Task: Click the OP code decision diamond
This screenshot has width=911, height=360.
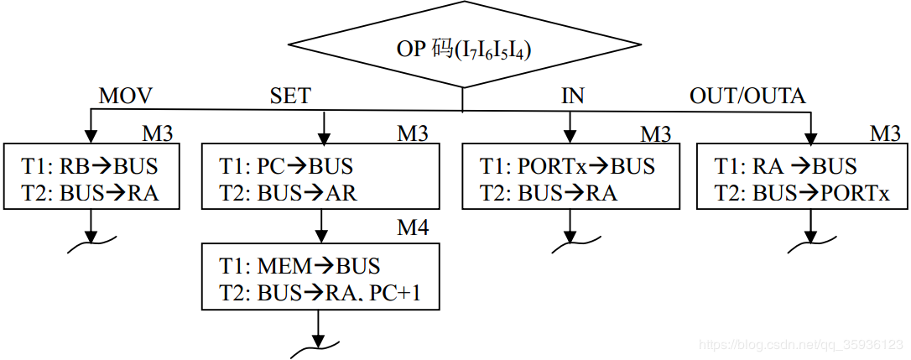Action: [463, 49]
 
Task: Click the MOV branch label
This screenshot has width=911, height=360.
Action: [126, 96]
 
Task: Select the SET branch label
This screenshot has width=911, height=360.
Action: [289, 96]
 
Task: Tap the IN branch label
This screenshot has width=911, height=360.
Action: [572, 96]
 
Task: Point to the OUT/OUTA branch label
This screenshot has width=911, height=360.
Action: [747, 96]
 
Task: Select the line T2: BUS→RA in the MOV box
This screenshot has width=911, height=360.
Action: [91, 193]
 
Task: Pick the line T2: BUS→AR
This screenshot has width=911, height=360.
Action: [288, 193]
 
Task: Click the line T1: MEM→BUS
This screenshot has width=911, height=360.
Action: [299, 266]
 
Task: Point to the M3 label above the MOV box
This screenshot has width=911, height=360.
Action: [157, 133]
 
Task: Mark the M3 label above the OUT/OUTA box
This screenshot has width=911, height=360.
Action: [884, 133]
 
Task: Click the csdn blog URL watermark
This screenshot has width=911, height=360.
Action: [800, 346]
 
